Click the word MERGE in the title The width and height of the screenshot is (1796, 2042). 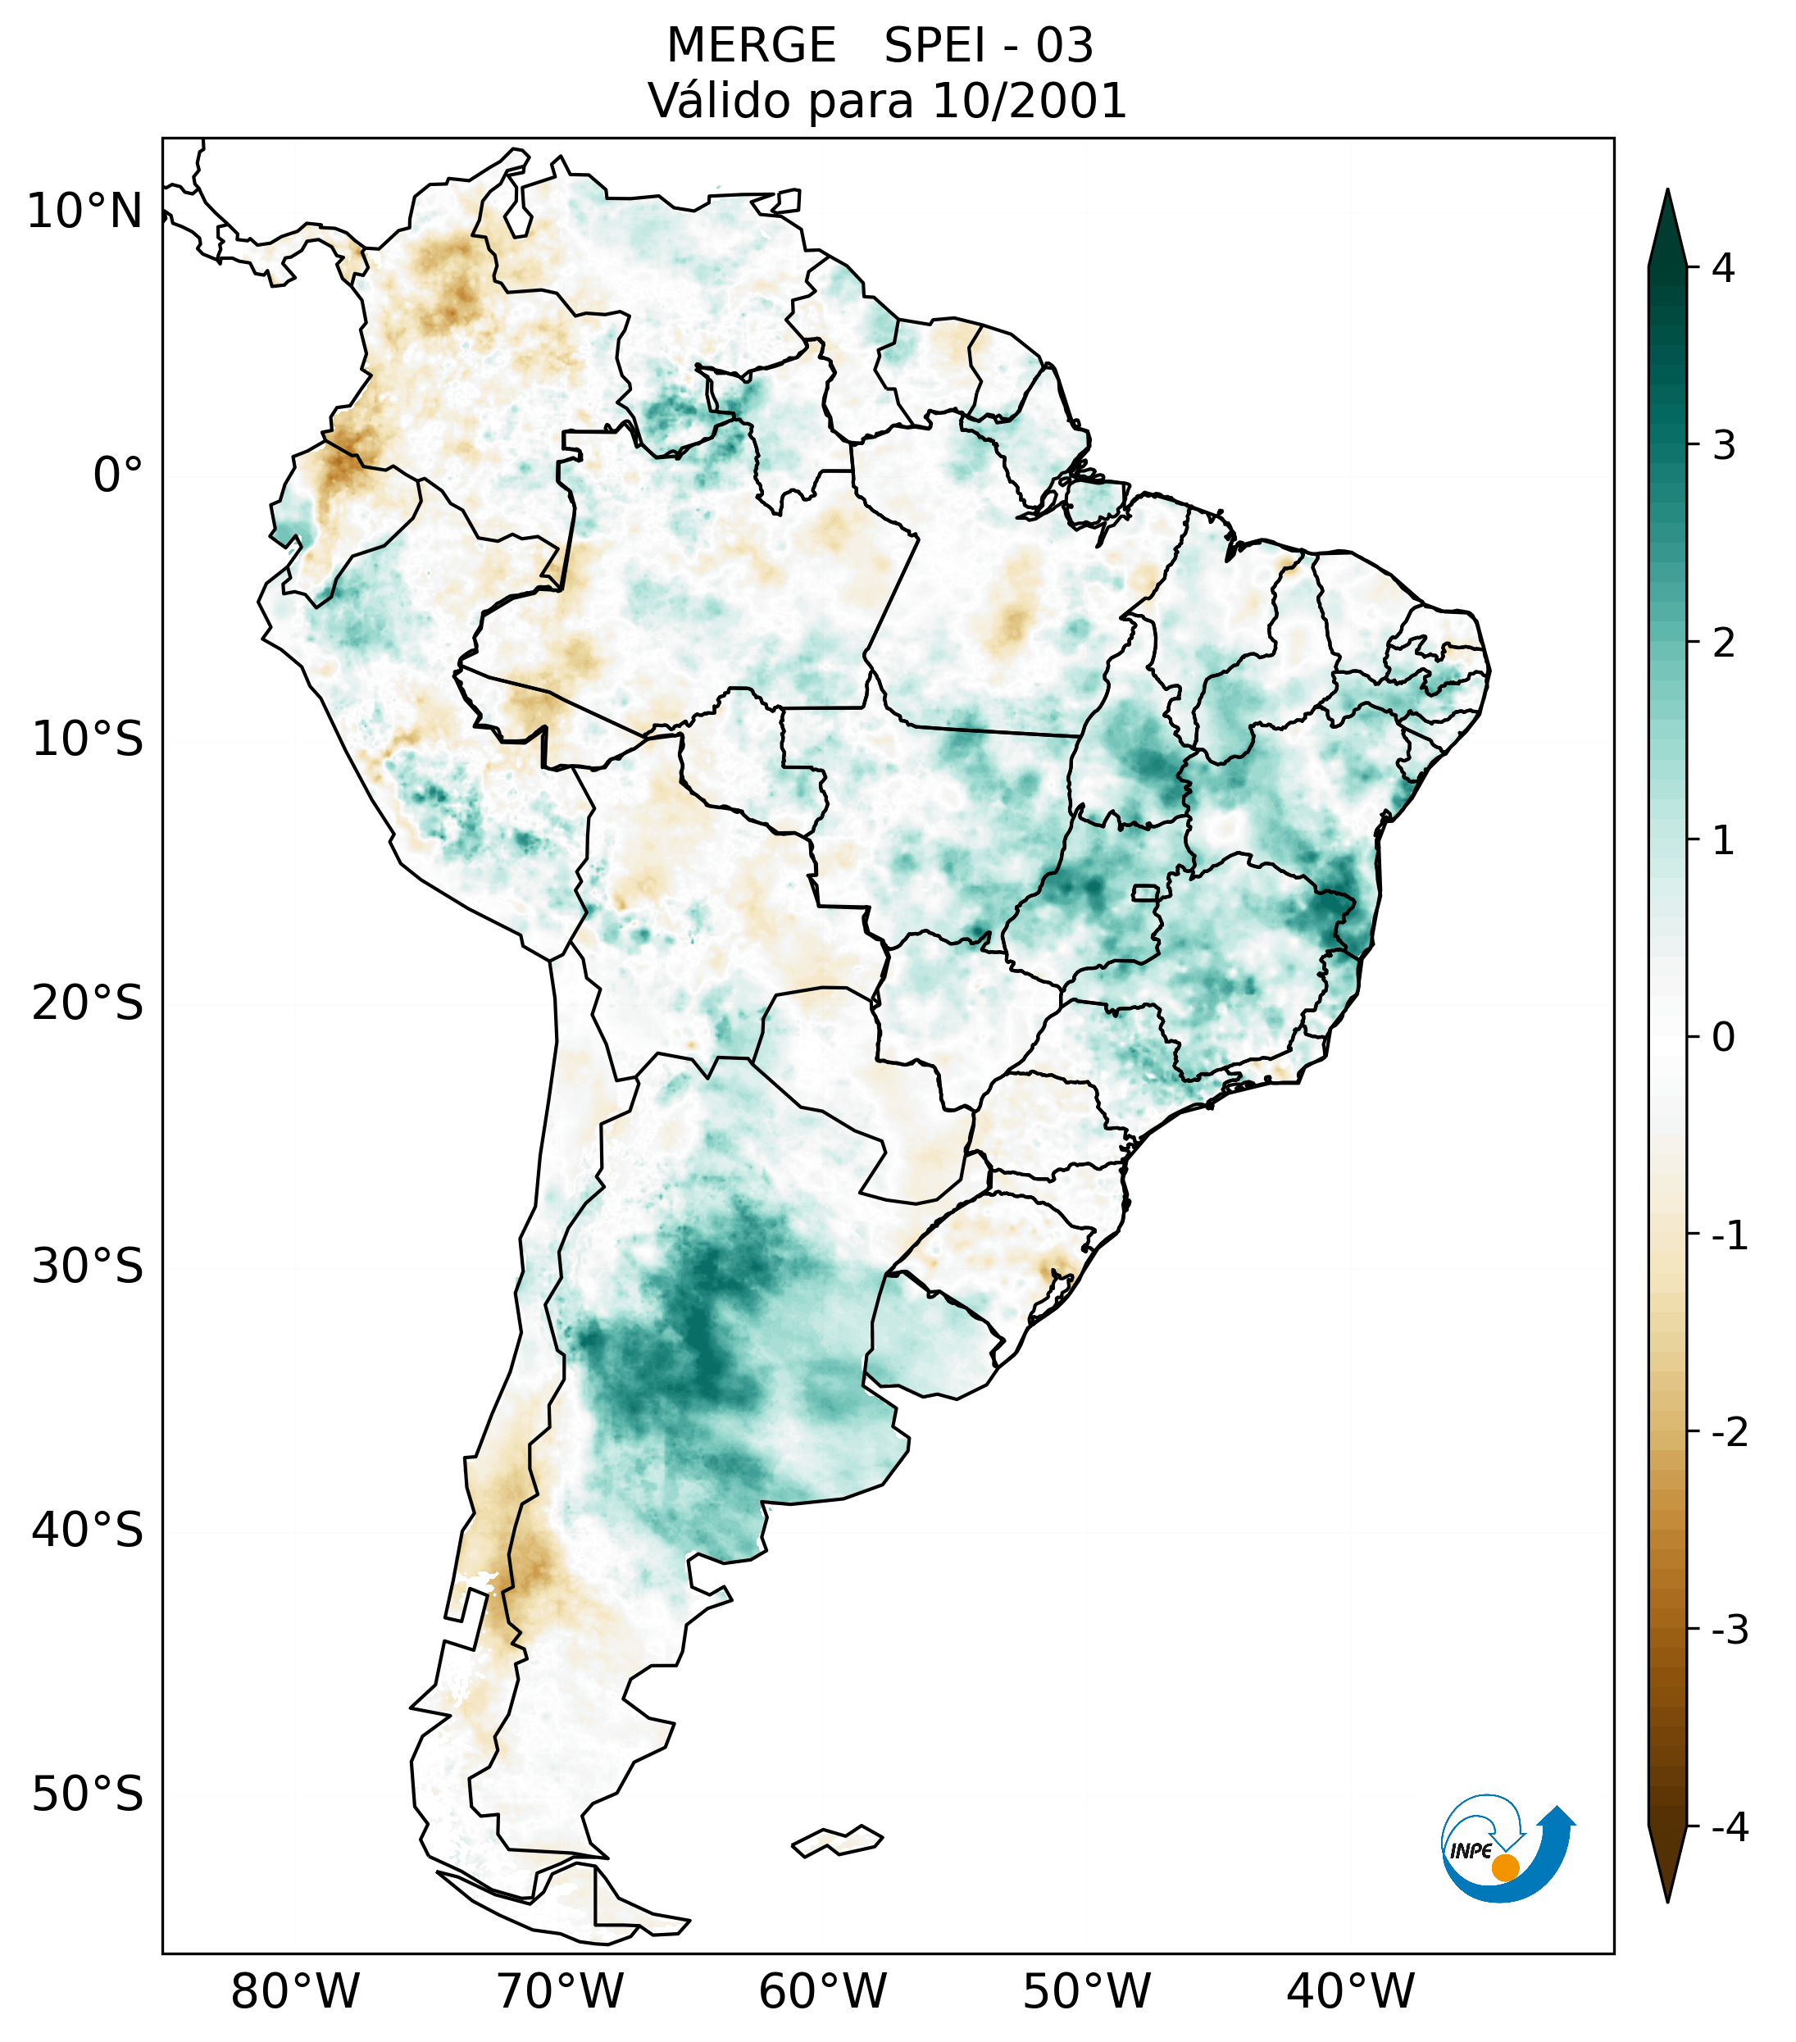(x=750, y=46)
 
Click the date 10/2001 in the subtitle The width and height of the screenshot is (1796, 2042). (x=1029, y=101)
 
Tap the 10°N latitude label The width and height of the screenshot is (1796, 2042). (x=85, y=211)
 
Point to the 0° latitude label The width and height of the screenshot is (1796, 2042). (x=118, y=475)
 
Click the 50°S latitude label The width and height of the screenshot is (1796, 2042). (x=88, y=1794)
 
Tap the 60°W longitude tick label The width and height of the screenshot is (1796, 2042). (x=822, y=1991)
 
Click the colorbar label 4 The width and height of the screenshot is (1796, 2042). (x=1723, y=268)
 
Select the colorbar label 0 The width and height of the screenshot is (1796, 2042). (x=1723, y=1038)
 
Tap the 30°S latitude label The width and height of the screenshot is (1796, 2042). (x=88, y=1267)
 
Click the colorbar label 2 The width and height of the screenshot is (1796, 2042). (x=1723, y=644)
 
